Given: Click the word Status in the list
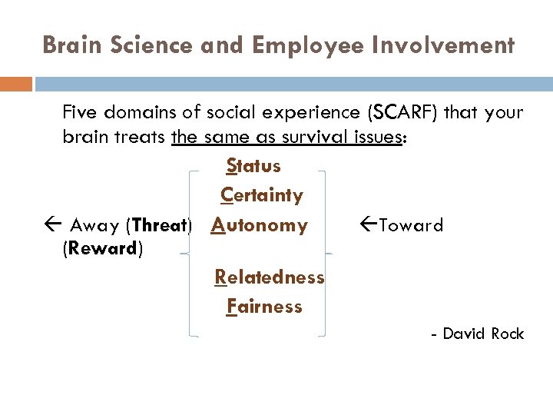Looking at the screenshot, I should click(253, 166).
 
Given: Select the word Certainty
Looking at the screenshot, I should click(262, 195).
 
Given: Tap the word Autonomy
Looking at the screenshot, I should click(260, 225).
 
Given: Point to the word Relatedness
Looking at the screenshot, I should click(270, 277).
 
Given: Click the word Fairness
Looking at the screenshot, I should click(265, 307).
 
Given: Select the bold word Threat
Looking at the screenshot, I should click(159, 226).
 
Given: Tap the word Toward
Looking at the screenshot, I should click(411, 226).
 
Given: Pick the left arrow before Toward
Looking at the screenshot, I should click(368, 225).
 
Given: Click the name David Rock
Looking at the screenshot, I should click(483, 334).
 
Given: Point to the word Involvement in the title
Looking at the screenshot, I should click(445, 45).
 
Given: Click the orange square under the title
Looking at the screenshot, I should click(15, 83).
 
